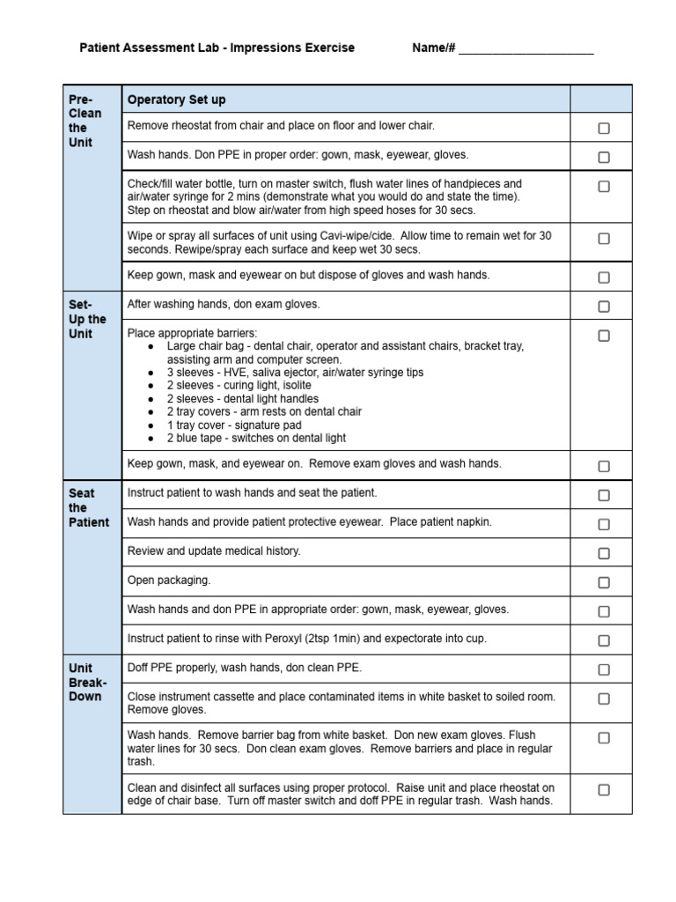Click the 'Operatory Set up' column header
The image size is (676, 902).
[176, 100]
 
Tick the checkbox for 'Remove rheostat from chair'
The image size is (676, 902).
[604, 129]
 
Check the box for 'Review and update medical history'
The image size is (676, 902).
[604, 553]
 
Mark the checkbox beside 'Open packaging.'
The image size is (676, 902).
[604, 582]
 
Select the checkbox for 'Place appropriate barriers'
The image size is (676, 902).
[604, 336]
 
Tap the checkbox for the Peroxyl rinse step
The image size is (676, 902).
[604, 640]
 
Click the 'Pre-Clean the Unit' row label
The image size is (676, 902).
[85, 121]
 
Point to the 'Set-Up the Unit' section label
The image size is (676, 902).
[87, 319]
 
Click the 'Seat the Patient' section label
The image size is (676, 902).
[88, 507]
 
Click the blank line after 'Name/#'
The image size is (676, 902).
[525, 49]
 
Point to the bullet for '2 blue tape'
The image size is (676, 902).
[151, 439]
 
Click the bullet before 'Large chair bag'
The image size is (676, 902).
[151, 347]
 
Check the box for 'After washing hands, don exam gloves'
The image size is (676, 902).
[604, 307]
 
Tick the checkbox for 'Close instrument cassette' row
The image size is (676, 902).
[604, 699]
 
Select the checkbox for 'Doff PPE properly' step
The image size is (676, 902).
[604, 669]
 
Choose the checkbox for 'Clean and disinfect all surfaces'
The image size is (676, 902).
[604, 790]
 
